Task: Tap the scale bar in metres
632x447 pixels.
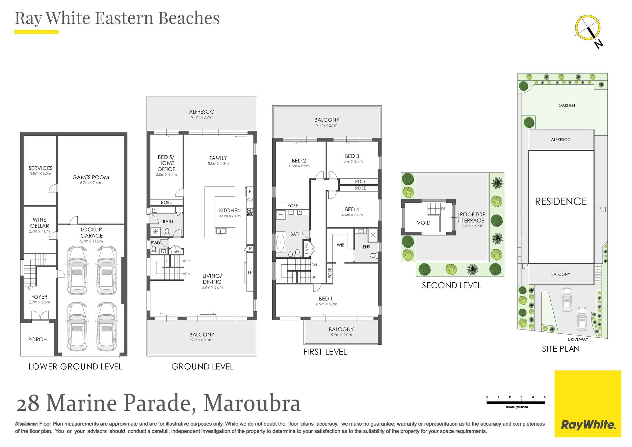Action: [x=516, y=402]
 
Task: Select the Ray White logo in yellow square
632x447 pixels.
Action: [x=588, y=404]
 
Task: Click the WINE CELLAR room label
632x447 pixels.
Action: [x=39, y=223]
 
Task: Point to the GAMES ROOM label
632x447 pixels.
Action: [x=91, y=177]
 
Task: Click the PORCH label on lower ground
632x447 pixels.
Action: [x=38, y=339]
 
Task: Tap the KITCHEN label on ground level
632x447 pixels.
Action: [x=230, y=210]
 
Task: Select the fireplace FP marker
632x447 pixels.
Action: [x=250, y=272]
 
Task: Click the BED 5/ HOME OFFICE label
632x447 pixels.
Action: [x=166, y=163]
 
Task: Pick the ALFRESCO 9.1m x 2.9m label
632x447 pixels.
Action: [x=201, y=114]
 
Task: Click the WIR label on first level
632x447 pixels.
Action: [x=340, y=245]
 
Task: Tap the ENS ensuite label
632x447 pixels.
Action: [x=366, y=247]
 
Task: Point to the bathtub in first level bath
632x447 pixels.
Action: [x=280, y=242]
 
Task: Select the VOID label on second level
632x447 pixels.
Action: [x=424, y=223]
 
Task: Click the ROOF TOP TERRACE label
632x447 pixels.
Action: [x=472, y=217]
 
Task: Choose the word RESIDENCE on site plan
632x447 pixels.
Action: [x=561, y=201]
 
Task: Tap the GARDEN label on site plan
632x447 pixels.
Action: [x=567, y=105]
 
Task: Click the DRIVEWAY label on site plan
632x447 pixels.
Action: [x=578, y=339]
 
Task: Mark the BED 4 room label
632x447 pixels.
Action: [x=352, y=209]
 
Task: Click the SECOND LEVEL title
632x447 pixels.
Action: [x=451, y=285]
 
